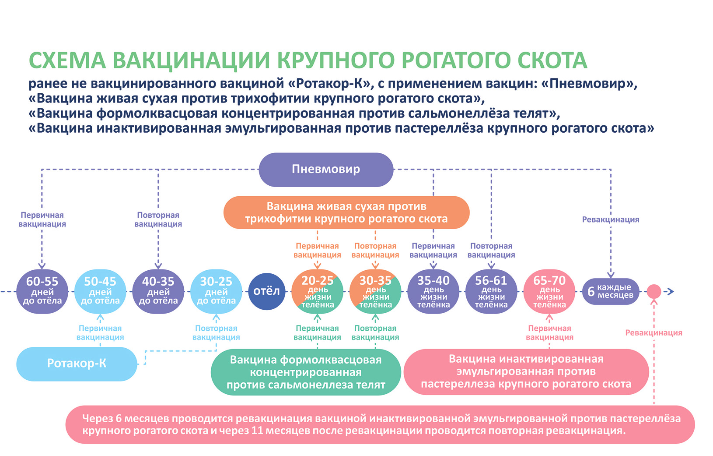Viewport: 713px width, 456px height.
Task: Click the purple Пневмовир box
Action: pyautogui.click(x=326, y=170)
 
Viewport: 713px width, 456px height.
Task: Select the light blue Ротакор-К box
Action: pyautogui.click(x=77, y=364)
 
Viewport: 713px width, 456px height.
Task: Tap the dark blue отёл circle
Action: pyautogui.click(x=266, y=291)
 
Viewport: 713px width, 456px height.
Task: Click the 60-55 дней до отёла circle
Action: pyautogui.click(x=42, y=291)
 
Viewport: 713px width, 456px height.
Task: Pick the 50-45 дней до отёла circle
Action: pyautogui.click(x=100, y=291)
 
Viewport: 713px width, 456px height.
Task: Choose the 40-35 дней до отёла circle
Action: pyautogui.click(x=158, y=291)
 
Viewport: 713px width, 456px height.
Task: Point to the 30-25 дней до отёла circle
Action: pyautogui.click(x=216, y=291)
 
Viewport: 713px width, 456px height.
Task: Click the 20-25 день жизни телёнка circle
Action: pyautogui.click(x=318, y=291)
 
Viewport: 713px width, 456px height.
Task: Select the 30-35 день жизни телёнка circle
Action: pyautogui.click(x=375, y=291)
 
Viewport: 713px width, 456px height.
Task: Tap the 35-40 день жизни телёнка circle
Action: pyautogui.click(x=433, y=291)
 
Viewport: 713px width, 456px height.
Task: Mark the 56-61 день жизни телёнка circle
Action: pyautogui.click(x=491, y=291)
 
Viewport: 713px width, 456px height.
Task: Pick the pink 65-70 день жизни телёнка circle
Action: pyautogui.click(x=549, y=291)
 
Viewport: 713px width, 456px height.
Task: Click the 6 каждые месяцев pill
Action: pyautogui.click(x=611, y=291)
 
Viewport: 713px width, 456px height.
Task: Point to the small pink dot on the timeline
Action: pyautogui.click(x=654, y=291)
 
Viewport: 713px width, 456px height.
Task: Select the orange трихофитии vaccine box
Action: pyautogui.click(x=346, y=212)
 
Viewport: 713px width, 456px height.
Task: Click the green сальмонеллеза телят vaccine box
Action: pyautogui.click(x=306, y=372)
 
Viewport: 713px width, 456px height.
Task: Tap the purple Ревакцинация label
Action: pyautogui.click(x=610, y=219)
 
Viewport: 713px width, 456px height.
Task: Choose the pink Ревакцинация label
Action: pyautogui.click(x=654, y=333)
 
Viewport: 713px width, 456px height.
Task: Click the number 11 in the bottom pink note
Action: pyautogui.click(x=257, y=431)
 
